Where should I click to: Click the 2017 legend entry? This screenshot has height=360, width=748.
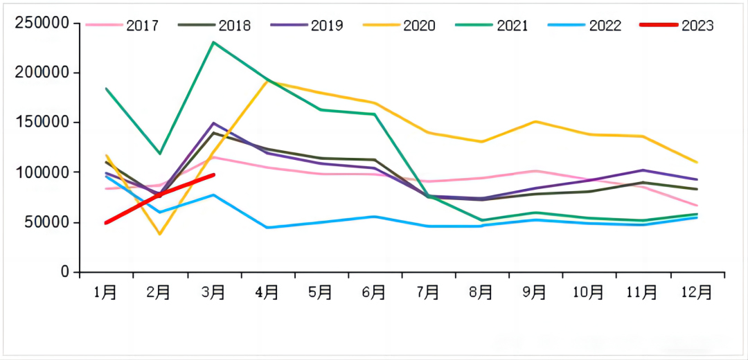pos(123,26)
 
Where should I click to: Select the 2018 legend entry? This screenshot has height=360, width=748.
pos(215,26)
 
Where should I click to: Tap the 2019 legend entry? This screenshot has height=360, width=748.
pos(308,26)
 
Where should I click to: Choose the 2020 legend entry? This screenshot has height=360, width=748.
pos(400,26)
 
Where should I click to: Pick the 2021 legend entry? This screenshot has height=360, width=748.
pos(492,26)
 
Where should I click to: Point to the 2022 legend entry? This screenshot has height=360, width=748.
pos(585,26)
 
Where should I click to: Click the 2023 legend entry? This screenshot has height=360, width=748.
pos(677,26)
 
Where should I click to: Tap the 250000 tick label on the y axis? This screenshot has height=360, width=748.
pos(42,24)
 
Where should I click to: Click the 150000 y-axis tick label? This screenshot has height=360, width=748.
pos(42,123)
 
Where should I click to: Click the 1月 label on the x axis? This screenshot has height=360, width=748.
pos(105,293)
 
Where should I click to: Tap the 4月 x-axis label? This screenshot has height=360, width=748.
pos(267,293)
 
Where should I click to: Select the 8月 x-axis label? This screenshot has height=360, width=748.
pos(481,293)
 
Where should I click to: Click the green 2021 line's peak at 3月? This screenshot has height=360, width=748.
pos(213,42)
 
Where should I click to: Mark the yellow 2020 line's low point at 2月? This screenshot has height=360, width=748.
pos(159,234)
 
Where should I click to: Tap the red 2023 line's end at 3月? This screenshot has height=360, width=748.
pos(214,175)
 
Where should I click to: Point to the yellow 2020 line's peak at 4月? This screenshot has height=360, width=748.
pos(268,81)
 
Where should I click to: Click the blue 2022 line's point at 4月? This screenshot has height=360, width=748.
pos(267,228)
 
